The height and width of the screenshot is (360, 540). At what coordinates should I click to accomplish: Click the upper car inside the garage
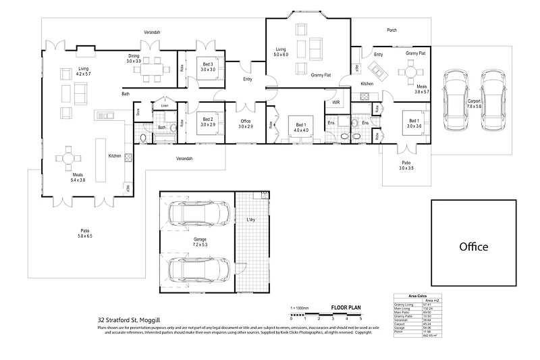pyautogui.click(x=195, y=213)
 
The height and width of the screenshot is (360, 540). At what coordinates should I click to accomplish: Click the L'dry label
pyautogui.click(x=250, y=220)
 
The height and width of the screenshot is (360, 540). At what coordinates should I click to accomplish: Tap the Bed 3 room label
pyautogui.click(x=207, y=66)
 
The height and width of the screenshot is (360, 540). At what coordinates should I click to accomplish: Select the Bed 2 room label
pyautogui.click(x=207, y=121)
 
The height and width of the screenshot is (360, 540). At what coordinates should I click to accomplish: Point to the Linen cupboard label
pyautogui.click(x=164, y=106)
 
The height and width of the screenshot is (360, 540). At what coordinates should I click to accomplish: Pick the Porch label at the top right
pyautogui.click(x=391, y=30)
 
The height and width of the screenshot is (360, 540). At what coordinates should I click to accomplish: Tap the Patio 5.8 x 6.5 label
pyautogui.click(x=85, y=233)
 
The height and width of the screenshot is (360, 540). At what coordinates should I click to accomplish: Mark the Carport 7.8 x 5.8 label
pyautogui.click(x=474, y=103)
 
